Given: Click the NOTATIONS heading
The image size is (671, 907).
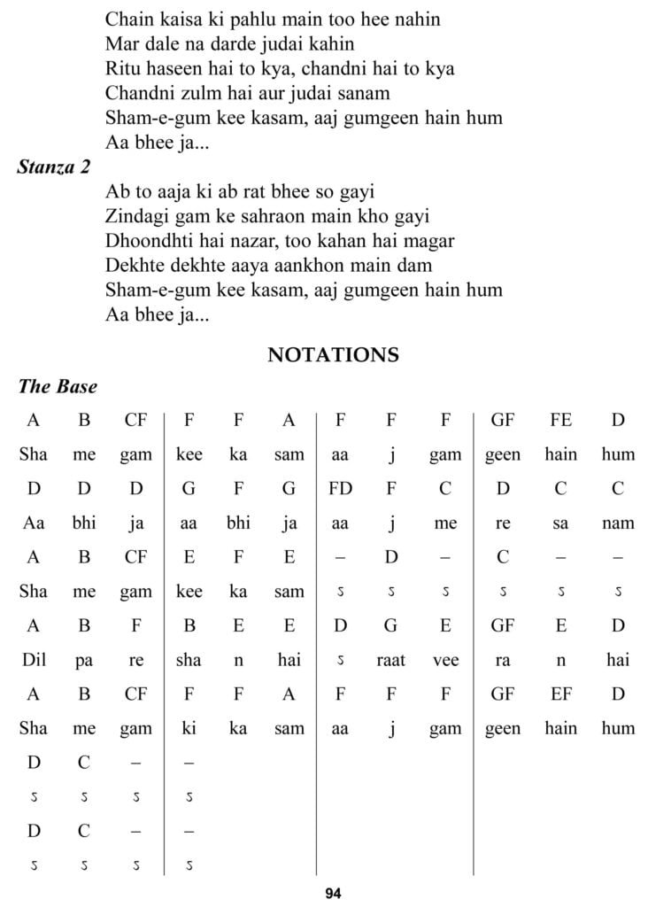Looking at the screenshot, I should (333, 355).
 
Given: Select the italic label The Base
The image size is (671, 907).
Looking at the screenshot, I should (58, 387).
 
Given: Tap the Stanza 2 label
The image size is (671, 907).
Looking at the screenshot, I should (53, 167).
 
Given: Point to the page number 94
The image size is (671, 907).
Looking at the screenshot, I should (333, 893).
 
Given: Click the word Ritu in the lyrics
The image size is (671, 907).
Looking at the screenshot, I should (121, 67).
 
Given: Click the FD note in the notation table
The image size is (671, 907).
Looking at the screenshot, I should (340, 488).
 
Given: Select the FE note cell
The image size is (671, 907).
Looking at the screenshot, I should (560, 420).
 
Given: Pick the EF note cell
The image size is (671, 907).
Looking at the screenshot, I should (560, 694).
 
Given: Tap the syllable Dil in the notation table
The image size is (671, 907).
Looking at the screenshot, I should (34, 660).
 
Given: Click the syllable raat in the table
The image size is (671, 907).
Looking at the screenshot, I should (390, 660).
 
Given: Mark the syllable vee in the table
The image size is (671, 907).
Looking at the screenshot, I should (445, 660).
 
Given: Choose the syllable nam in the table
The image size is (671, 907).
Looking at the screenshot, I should (618, 523).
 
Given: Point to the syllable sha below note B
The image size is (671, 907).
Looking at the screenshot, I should (189, 660).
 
